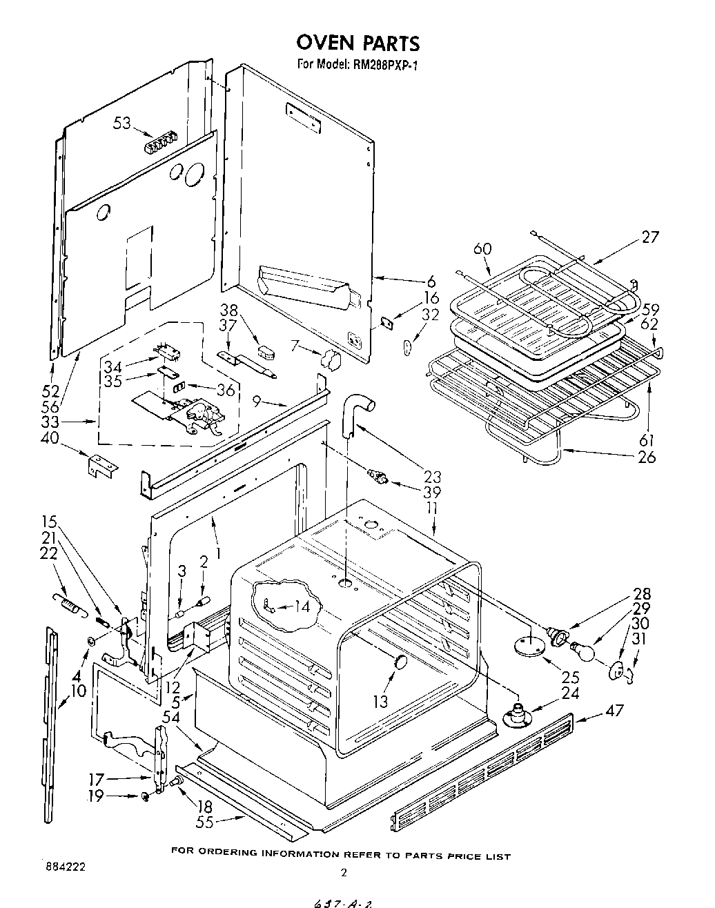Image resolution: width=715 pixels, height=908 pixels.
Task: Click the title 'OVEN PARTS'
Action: pyautogui.click(x=357, y=43)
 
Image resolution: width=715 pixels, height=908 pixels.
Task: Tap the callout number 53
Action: pyautogui.click(x=122, y=124)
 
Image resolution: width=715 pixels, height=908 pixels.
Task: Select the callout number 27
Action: pyautogui.click(x=649, y=237)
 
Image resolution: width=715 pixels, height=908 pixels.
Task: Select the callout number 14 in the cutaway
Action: pyautogui.click(x=302, y=607)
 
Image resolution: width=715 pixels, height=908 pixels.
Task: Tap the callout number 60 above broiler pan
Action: pyautogui.click(x=483, y=248)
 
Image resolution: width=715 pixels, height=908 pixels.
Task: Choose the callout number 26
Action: pyautogui.click(x=647, y=456)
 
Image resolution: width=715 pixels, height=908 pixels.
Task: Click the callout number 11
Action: pyautogui.click(x=432, y=509)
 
